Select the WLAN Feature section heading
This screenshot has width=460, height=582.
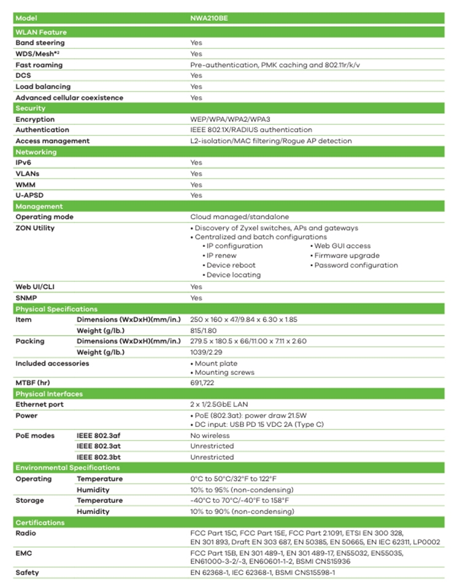pyautogui.click(x=41, y=32)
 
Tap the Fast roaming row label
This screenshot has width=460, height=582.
pyautogui.click(x=39, y=65)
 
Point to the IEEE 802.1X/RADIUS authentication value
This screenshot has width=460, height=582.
pyautogui.click(x=251, y=130)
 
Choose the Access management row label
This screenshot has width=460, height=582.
pyautogui.click(x=52, y=141)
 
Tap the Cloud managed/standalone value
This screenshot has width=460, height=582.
pyautogui.click(x=239, y=217)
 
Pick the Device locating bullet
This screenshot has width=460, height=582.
pyautogui.click(x=233, y=275)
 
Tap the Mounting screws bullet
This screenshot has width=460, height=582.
pyautogui.click(x=224, y=372)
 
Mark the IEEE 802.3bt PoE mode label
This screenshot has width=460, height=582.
pyautogui.click(x=102, y=457)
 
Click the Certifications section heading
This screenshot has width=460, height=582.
pyautogui.click(x=40, y=523)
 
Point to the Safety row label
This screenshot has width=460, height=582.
pyautogui.click(x=27, y=573)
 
